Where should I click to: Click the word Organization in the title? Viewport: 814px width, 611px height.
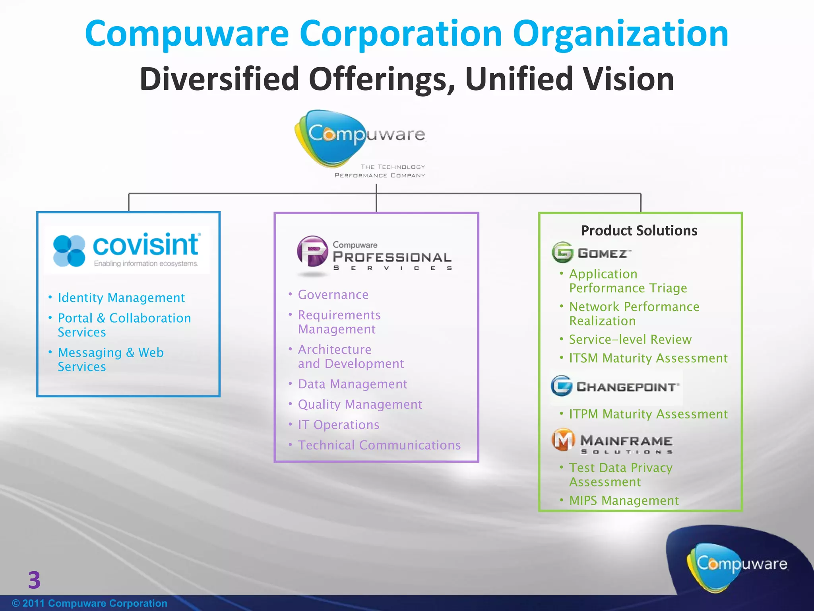point(620,34)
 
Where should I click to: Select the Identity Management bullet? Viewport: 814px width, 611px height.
point(121,298)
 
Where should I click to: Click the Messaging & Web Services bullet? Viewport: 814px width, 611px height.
point(110,359)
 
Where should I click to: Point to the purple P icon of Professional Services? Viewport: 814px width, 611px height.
point(312,251)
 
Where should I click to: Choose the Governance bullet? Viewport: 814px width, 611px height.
point(333,295)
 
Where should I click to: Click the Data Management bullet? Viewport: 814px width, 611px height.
point(353,384)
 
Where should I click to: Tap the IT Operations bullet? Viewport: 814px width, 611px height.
point(339,425)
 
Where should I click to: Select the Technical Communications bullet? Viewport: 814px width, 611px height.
point(379,445)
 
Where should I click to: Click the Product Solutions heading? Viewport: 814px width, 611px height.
point(639,230)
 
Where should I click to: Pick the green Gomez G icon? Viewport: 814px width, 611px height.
point(562,252)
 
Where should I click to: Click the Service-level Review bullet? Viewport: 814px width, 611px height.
point(630,339)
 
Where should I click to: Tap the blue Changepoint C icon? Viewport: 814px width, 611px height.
point(562,385)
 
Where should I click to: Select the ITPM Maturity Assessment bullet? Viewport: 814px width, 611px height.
point(648,414)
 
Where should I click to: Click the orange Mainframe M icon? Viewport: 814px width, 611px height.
point(563,440)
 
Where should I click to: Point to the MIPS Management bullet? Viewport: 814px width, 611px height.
point(624,500)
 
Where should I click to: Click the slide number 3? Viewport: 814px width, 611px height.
point(34,580)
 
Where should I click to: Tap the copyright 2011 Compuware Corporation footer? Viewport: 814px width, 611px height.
point(90,603)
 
